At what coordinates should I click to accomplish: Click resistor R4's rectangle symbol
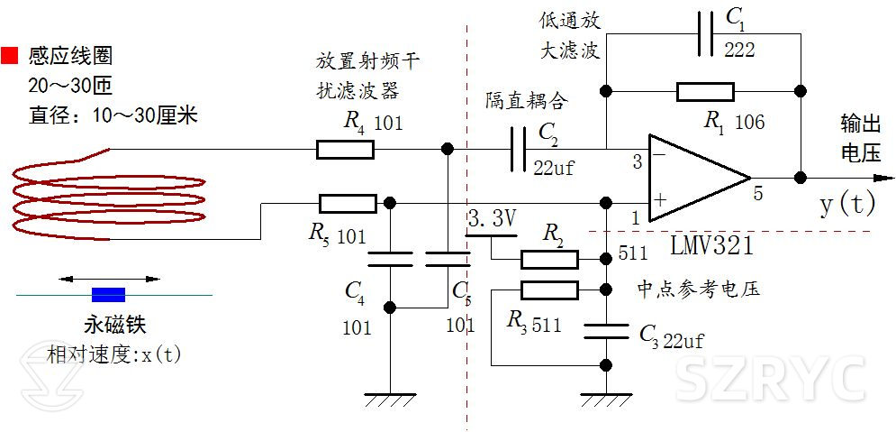[345, 149]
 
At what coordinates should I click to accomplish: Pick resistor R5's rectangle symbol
[347, 203]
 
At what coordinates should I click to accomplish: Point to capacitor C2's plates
[519, 149]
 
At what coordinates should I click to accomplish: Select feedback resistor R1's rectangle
[705, 91]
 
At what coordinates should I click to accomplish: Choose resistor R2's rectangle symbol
[549, 260]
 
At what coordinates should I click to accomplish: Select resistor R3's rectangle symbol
[549, 290]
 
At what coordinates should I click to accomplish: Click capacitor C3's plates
[606, 331]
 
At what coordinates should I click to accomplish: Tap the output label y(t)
[846, 204]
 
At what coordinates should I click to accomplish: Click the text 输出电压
[860, 138]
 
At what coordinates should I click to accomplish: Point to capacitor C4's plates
[390, 260]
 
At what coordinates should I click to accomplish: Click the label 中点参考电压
[698, 290]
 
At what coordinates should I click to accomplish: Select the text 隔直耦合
[527, 98]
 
